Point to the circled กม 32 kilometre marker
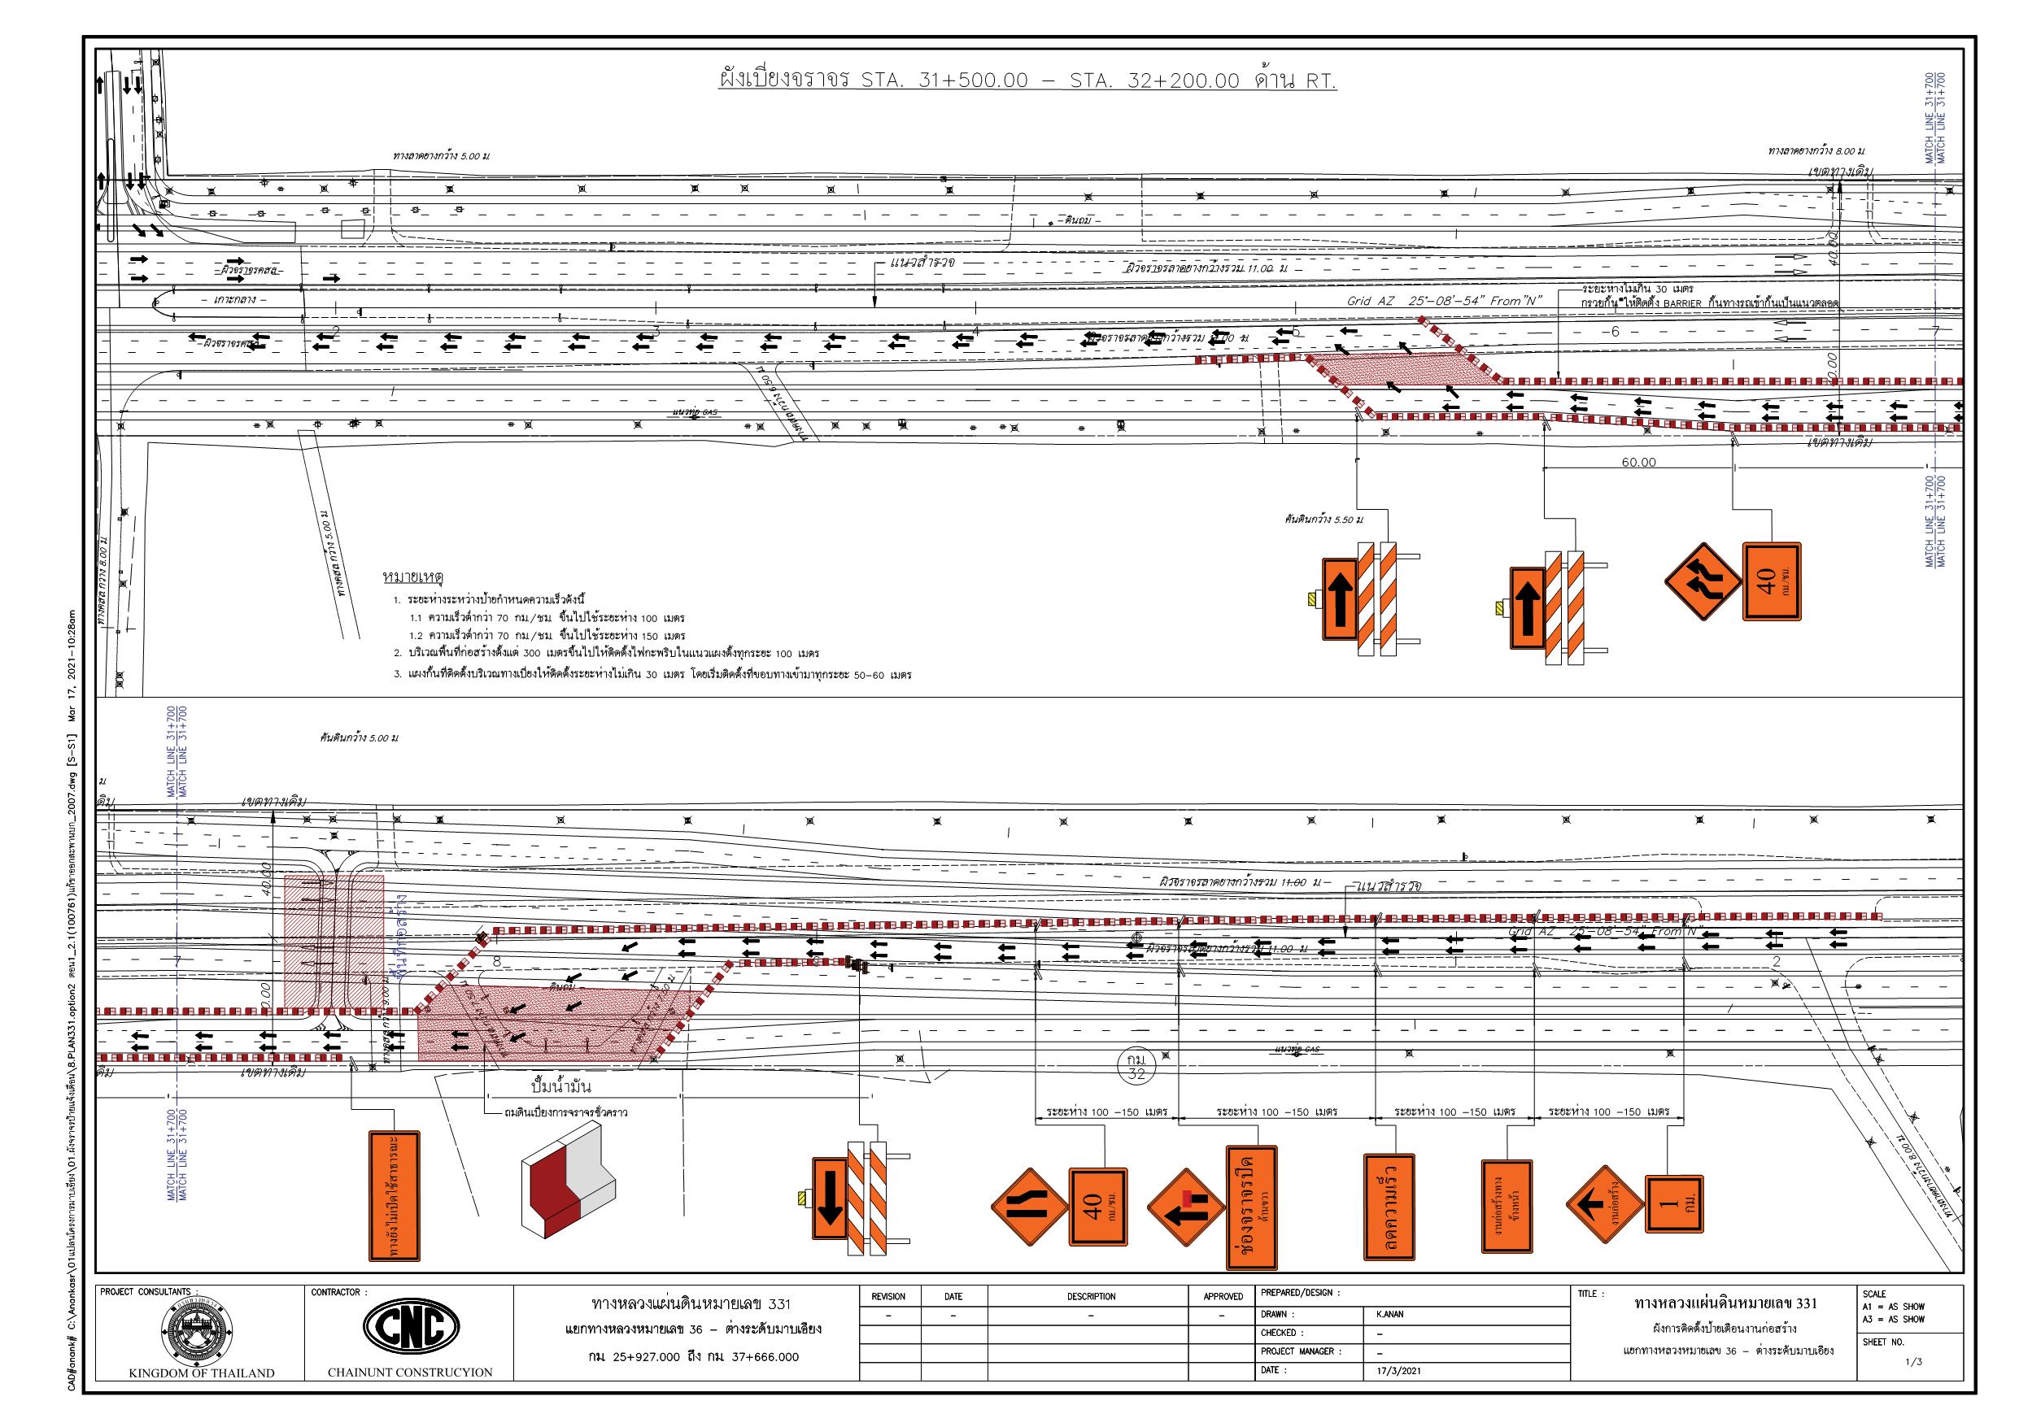1136,1068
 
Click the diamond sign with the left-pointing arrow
1604,1206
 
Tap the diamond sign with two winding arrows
1703,581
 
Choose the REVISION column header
887,1296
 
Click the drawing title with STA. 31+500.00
1027,83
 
